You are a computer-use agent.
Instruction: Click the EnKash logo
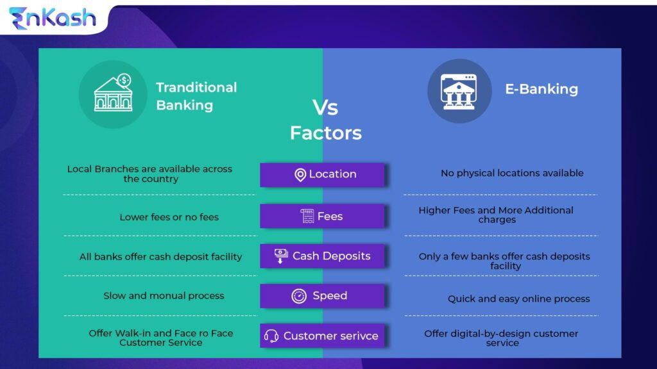click(x=52, y=18)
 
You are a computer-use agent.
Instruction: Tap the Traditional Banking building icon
click(x=113, y=94)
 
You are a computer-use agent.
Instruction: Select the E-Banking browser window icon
click(x=459, y=91)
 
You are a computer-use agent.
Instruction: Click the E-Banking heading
click(x=541, y=89)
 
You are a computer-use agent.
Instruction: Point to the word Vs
click(x=325, y=107)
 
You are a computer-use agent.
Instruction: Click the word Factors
click(x=325, y=133)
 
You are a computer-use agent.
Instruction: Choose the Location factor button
click(x=322, y=174)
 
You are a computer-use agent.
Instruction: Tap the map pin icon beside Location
click(x=300, y=175)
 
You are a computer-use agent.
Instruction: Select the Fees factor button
click(x=322, y=216)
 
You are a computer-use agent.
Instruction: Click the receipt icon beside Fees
click(x=307, y=216)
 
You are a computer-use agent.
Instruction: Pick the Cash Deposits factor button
click(x=322, y=256)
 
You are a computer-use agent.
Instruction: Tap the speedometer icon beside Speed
click(x=299, y=296)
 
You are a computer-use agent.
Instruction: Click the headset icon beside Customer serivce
click(x=271, y=336)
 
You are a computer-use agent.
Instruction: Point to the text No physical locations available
click(x=512, y=173)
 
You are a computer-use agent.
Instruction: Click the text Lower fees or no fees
click(x=169, y=217)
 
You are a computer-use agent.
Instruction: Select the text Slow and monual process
click(x=164, y=296)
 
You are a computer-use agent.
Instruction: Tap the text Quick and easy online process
click(x=518, y=299)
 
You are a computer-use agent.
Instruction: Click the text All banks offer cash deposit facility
click(x=160, y=257)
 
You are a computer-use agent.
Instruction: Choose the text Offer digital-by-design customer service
click(x=501, y=338)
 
